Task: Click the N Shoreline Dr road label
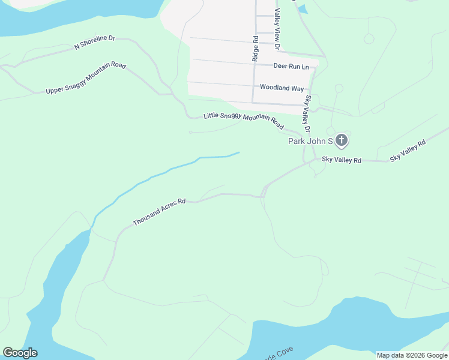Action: [x=94, y=42]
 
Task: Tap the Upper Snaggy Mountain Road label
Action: [x=86, y=78]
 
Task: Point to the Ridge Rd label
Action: [x=255, y=49]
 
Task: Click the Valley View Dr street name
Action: [x=277, y=29]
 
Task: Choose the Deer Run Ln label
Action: [x=291, y=65]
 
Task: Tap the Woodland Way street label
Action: [x=282, y=88]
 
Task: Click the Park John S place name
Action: [x=310, y=141]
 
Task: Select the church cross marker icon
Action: [x=341, y=141]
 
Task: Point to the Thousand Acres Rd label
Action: [x=160, y=212]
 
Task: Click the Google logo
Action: [x=20, y=353]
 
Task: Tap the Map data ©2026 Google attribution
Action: [x=412, y=355]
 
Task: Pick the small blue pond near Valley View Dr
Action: [x=302, y=9]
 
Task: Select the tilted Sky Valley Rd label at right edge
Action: [x=408, y=151]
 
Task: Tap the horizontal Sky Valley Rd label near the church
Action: [x=342, y=160]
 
